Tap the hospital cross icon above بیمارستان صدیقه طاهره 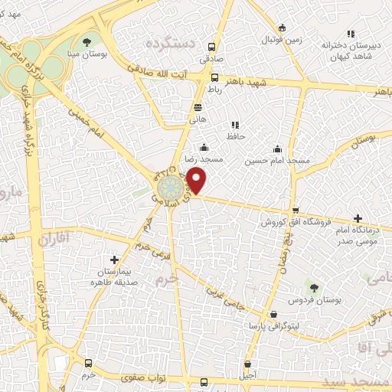point(114,260)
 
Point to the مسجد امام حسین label point(277,161)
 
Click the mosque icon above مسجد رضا point(204,148)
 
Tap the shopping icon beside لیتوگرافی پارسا point(273,314)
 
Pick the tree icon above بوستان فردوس point(313,286)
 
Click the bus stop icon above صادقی point(211,44)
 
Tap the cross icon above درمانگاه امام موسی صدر point(358,219)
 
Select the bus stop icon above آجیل point(247,364)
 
